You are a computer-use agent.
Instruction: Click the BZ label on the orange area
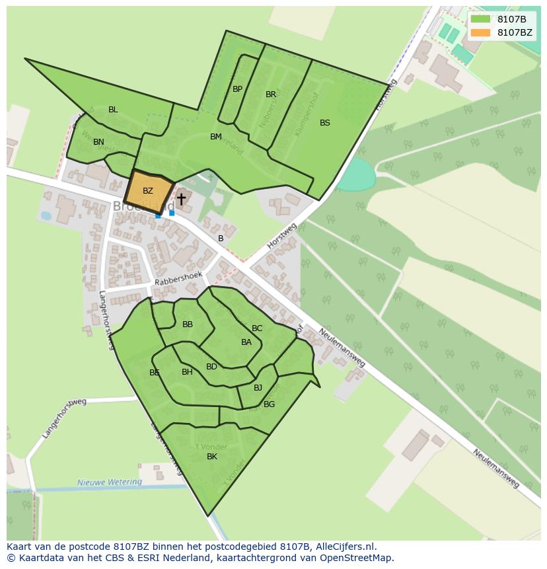click(x=148, y=191)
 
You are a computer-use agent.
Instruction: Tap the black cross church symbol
click(x=181, y=198)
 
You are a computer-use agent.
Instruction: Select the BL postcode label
click(x=113, y=110)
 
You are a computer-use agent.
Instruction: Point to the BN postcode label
click(x=98, y=142)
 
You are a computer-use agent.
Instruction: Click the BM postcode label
click(x=216, y=137)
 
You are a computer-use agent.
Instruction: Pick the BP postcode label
click(x=237, y=89)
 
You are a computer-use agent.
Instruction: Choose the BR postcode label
click(x=271, y=95)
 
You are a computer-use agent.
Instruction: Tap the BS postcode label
click(x=325, y=123)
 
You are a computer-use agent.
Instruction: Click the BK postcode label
click(x=212, y=457)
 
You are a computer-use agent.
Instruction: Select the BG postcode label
click(x=269, y=404)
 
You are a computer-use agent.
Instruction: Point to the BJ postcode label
click(x=258, y=388)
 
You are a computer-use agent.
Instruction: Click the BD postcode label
click(x=211, y=367)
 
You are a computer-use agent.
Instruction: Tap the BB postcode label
click(x=188, y=324)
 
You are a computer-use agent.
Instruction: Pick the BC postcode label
click(x=257, y=328)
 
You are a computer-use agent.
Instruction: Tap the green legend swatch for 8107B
click(x=481, y=19)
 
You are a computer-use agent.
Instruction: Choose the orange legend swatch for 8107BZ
click(x=481, y=32)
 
